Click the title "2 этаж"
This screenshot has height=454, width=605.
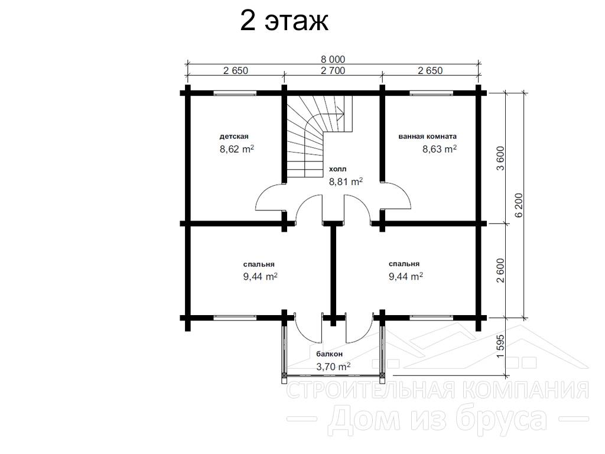(284, 21)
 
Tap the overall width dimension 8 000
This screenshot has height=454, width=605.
(333, 60)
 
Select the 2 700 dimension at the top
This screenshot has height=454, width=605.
(333, 71)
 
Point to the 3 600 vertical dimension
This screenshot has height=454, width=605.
(500, 158)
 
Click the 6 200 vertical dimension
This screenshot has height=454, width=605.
(519, 205)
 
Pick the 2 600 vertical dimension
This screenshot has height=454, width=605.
(500, 271)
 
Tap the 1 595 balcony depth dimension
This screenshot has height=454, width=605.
(500, 346)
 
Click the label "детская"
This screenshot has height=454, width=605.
(234, 137)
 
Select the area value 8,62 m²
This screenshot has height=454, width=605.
(237, 149)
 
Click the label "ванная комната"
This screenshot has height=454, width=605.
(428, 137)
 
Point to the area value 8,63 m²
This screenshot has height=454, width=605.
(440, 149)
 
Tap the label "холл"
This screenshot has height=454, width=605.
(337, 169)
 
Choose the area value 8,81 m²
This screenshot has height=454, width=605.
(346, 181)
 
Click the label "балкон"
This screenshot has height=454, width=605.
(330, 354)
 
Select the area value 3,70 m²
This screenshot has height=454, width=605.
(333, 367)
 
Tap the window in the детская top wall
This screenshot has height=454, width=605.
(235, 93)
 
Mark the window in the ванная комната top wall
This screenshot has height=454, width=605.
(431, 93)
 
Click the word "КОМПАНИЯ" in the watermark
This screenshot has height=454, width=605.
(525, 390)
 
